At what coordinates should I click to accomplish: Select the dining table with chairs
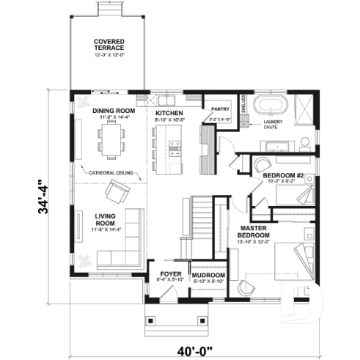(x=111, y=139)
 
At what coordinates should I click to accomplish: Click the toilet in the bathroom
(x=304, y=142)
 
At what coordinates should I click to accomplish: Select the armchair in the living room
(x=115, y=194)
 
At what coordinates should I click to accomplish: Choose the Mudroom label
(x=208, y=276)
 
